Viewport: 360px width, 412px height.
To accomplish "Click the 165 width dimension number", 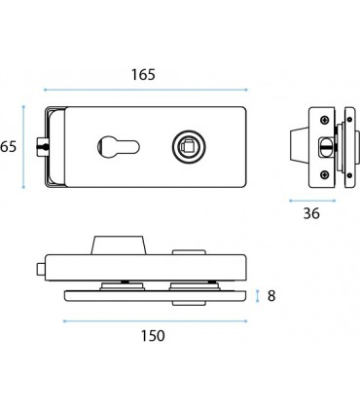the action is tap(143, 75).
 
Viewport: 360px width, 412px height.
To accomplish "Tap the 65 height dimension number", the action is tap(8, 147).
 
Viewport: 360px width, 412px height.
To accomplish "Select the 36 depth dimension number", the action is tap(311, 213).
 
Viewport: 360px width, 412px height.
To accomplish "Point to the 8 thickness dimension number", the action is tap(271, 296).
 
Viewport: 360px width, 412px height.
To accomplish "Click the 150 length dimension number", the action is tap(153, 336).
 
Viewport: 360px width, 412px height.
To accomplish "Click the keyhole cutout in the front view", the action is tap(118, 147).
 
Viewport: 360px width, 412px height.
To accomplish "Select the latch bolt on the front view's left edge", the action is tap(42, 147).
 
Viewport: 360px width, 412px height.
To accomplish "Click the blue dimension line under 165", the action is tap(146, 90).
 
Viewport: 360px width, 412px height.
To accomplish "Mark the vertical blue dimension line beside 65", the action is tap(23, 147).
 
